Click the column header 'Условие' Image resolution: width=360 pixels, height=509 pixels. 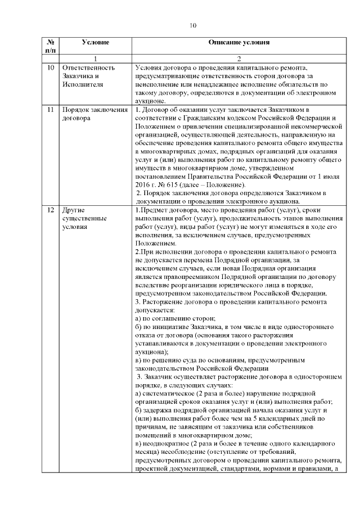[95, 42]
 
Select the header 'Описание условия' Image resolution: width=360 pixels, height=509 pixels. [239, 42]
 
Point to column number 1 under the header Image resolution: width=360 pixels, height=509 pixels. [95, 58]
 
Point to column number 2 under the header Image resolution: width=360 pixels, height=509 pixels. [239, 58]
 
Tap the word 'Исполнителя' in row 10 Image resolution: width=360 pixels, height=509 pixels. [82, 84]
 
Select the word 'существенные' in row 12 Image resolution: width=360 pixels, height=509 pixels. [84, 219]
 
